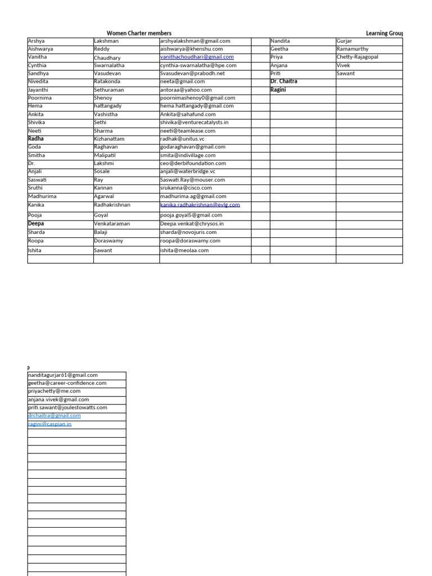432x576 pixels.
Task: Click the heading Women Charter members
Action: coord(139,34)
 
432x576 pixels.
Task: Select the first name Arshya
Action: coord(36,41)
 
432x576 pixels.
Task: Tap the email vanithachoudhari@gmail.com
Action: coord(197,57)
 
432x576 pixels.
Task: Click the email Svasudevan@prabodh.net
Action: coord(192,73)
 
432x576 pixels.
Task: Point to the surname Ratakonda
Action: coord(109,82)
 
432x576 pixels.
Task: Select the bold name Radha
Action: coord(35,138)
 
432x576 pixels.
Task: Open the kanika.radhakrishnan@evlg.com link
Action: coord(200,205)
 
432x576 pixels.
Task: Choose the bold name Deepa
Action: coord(36,223)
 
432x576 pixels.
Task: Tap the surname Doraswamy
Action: coord(109,241)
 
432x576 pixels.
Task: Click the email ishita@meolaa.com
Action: coord(184,250)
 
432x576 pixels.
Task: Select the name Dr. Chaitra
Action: coord(284,82)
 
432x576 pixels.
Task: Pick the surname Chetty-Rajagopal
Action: coord(358,57)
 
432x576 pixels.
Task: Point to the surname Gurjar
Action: coord(344,41)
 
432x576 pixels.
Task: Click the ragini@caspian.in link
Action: coord(49,424)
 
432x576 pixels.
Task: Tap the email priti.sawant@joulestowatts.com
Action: coord(67,408)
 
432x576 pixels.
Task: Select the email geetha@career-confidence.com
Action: coord(67,383)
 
